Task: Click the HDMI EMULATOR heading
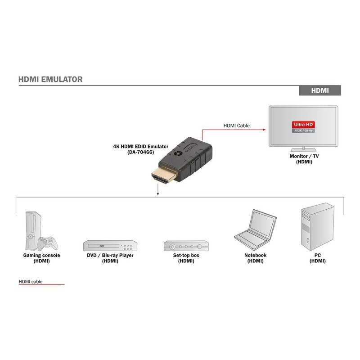(x=50, y=80)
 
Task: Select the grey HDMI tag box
(x=320, y=90)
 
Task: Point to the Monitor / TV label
(x=304, y=156)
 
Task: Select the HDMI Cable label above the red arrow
(x=236, y=126)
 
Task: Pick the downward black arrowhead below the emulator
(x=158, y=194)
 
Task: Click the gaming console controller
(x=47, y=243)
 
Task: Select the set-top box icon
(x=186, y=246)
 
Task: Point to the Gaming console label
(x=41, y=256)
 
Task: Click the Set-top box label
(x=186, y=256)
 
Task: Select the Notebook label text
(x=255, y=256)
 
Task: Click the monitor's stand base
(x=304, y=149)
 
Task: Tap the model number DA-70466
(x=140, y=152)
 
